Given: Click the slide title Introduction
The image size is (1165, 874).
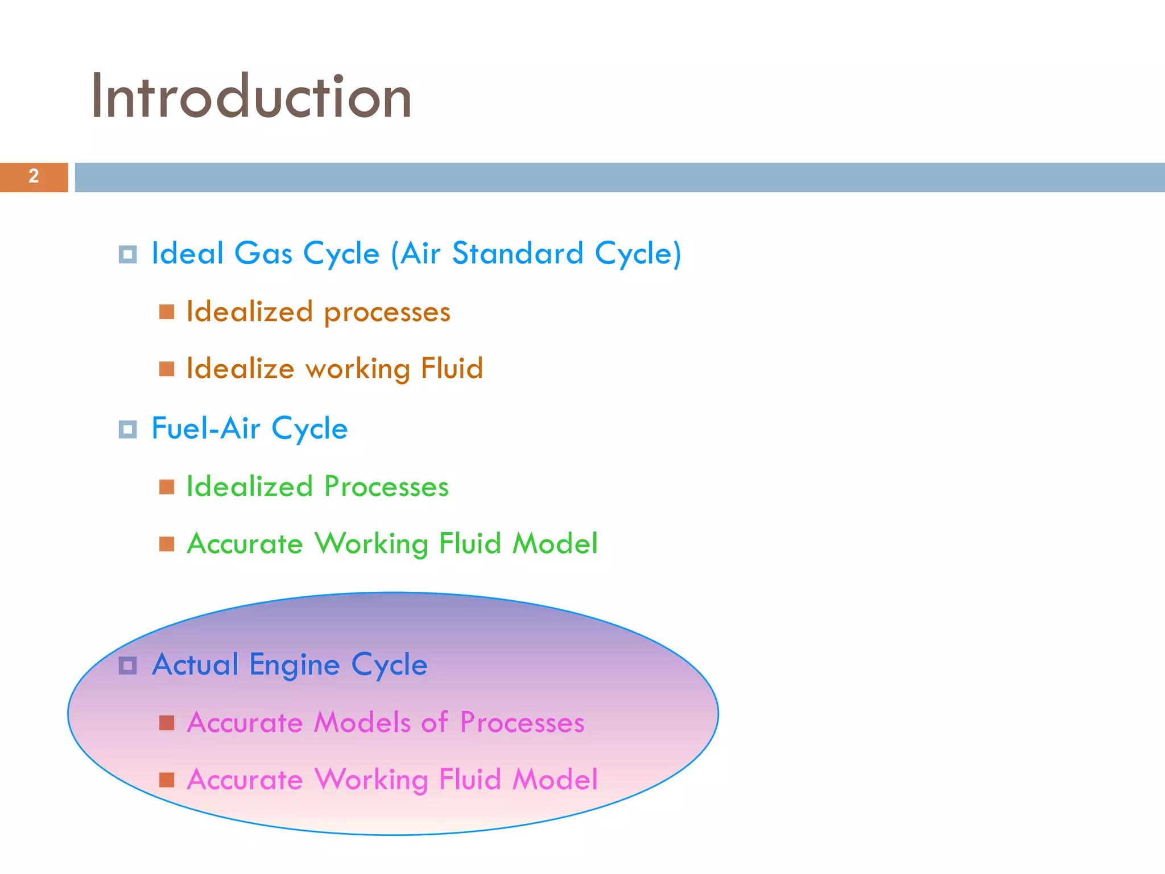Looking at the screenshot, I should [251, 97].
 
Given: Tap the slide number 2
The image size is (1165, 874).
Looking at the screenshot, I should [34, 176].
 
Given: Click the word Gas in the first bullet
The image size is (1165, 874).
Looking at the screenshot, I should [263, 253].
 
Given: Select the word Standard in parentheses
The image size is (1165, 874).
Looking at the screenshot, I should [518, 253].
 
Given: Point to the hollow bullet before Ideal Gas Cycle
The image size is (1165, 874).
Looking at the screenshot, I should [127, 254].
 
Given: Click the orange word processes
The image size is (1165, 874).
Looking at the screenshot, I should [387, 312].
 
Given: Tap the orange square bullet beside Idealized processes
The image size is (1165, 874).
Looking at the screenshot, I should [167, 312].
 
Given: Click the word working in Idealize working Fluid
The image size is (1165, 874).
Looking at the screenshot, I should [358, 369].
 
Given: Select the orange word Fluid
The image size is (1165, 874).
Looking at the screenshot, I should [452, 368].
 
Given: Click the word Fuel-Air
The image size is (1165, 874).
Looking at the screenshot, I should [206, 428].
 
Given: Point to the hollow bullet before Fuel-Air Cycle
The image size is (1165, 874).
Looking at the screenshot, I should [127, 430].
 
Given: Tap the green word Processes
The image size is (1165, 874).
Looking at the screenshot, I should [386, 487].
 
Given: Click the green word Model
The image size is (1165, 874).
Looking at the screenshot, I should [555, 543].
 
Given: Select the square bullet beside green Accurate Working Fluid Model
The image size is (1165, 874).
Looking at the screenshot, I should [167, 544].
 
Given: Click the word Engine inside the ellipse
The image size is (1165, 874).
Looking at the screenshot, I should [295, 665].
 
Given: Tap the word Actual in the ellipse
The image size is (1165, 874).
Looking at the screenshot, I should [195, 665].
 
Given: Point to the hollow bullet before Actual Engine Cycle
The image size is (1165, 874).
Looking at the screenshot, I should [127, 665].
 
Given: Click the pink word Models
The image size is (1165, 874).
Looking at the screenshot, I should [362, 723].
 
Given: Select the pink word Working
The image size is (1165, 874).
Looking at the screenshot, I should [371, 780].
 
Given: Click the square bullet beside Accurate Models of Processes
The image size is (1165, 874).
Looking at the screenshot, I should [167, 723].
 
